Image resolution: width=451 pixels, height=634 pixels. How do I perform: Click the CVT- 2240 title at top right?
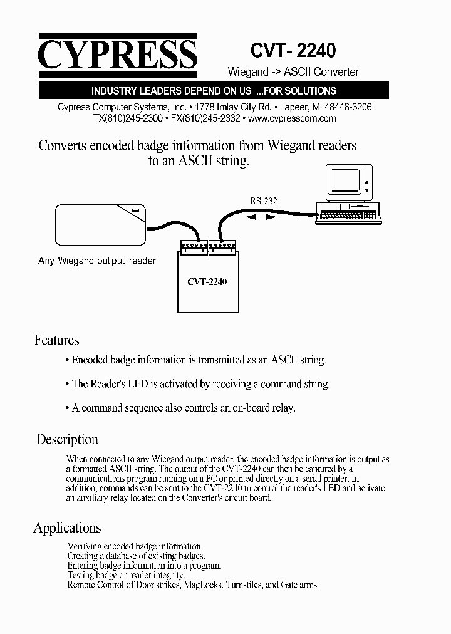(x=293, y=49)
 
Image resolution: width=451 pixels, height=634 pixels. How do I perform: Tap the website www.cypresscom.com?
(x=292, y=118)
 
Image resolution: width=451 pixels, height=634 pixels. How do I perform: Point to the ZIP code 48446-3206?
(x=348, y=107)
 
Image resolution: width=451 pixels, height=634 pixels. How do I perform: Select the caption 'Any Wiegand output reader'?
(x=97, y=261)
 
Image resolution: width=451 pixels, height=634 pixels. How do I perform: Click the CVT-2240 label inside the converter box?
(x=207, y=281)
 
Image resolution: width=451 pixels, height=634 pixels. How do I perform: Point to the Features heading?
(x=56, y=340)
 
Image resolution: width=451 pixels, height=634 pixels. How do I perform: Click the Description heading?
(x=67, y=439)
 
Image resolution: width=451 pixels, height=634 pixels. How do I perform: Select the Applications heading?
(x=67, y=527)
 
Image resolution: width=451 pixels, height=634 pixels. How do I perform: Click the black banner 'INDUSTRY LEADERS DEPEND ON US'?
(x=214, y=91)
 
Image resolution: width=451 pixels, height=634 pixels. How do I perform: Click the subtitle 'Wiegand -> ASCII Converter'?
(x=292, y=72)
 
